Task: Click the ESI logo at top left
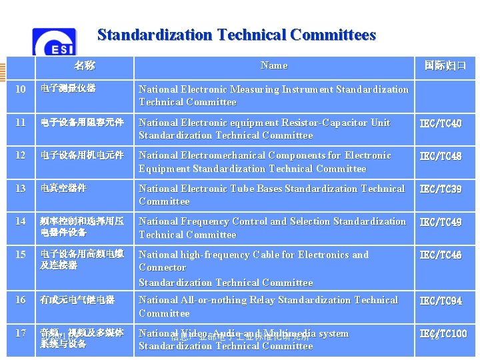click(55, 43)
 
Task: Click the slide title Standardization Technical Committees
click(237, 35)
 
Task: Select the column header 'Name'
click(274, 65)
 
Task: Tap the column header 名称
click(84, 65)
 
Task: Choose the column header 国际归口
click(445, 65)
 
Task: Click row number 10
click(21, 89)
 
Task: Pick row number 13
click(21, 188)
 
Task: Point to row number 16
click(21, 300)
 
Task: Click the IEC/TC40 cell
click(440, 123)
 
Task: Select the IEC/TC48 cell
click(440, 156)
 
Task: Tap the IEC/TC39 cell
click(440, 189)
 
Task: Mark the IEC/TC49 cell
click(440, 222)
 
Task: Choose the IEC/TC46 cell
click(440, 255)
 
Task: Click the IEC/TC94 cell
click(440, 301)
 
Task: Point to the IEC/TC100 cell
click(443, 333)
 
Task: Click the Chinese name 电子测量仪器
click(68, 88)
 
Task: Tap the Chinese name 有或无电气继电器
click(77, 300)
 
